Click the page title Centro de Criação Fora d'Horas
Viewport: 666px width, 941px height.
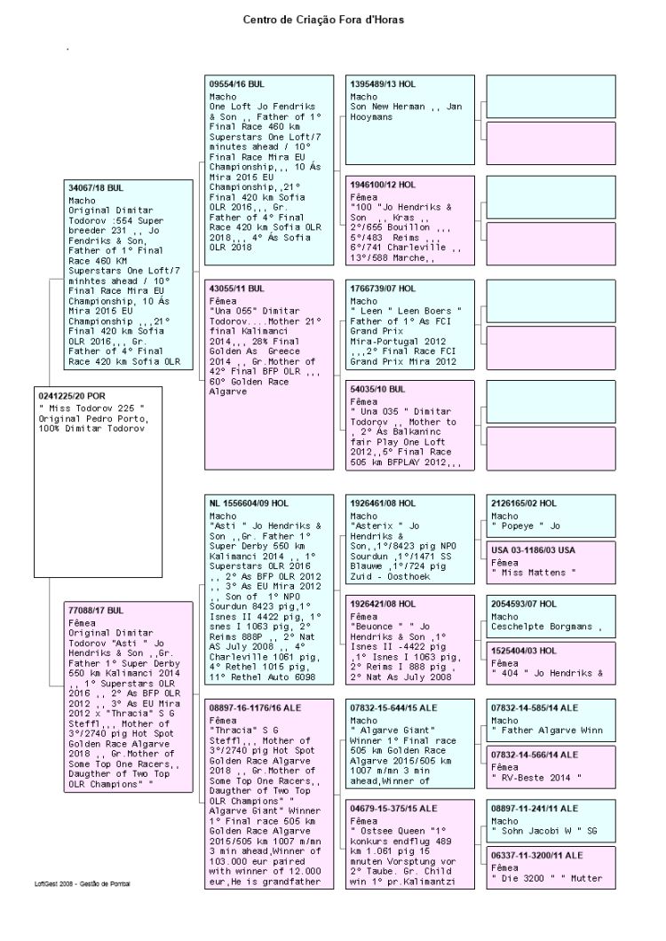click(x=332, y=18)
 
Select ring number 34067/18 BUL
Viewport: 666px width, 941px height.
click(x=99, y=188)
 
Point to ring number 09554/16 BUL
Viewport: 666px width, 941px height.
click(x=237, y=83)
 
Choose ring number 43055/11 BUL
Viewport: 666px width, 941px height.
click(x=236, y=289)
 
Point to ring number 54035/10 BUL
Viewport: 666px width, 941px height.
click(x=377, y=389)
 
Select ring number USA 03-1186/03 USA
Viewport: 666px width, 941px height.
click(x=532, y=550)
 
